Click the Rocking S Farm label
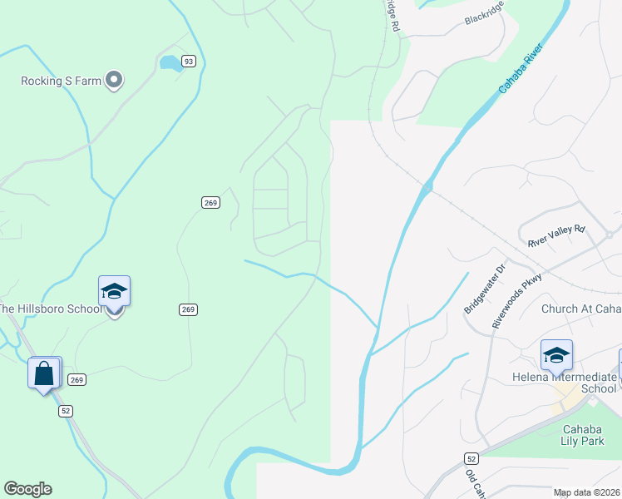(x=61, y=81)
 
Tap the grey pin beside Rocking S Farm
(x=115, y=81)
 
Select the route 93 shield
(x=189, y=62)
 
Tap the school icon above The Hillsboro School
(x=114, y=291)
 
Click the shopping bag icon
(x=44, y=373)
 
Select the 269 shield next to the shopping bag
(x=77, y=379)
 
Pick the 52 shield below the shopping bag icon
(x=65, y=411)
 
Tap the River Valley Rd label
(x=556, y=236)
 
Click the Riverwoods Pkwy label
(x=517, y=299)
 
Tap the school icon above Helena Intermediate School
(x=555, y=356)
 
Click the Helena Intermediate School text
(x=564, y=383)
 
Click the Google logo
(x=27, y=489)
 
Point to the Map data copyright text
(x=587, y=492)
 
